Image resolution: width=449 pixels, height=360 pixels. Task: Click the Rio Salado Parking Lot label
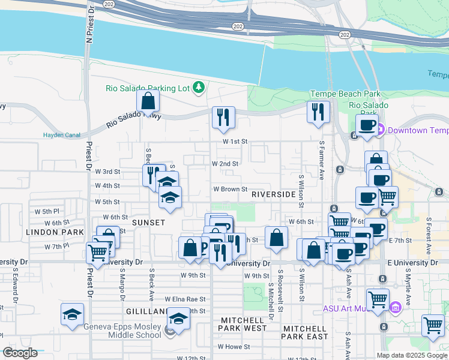pos(147,88)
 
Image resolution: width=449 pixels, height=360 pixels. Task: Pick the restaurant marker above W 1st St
pos(223,118)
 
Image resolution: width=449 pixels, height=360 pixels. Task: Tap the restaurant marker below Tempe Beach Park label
pos(318,113)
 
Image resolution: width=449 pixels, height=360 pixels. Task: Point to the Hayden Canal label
pos(61,135)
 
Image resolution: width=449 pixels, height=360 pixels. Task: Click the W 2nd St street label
pos(225,163)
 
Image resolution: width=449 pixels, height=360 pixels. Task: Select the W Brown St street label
pos(231,189)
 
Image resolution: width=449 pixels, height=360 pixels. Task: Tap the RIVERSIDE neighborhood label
pos(273,195)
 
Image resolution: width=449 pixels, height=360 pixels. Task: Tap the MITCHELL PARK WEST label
pos(243,324)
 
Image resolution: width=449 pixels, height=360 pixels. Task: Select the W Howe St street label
pos(234,347)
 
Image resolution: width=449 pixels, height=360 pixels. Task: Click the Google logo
pos(20,353)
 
